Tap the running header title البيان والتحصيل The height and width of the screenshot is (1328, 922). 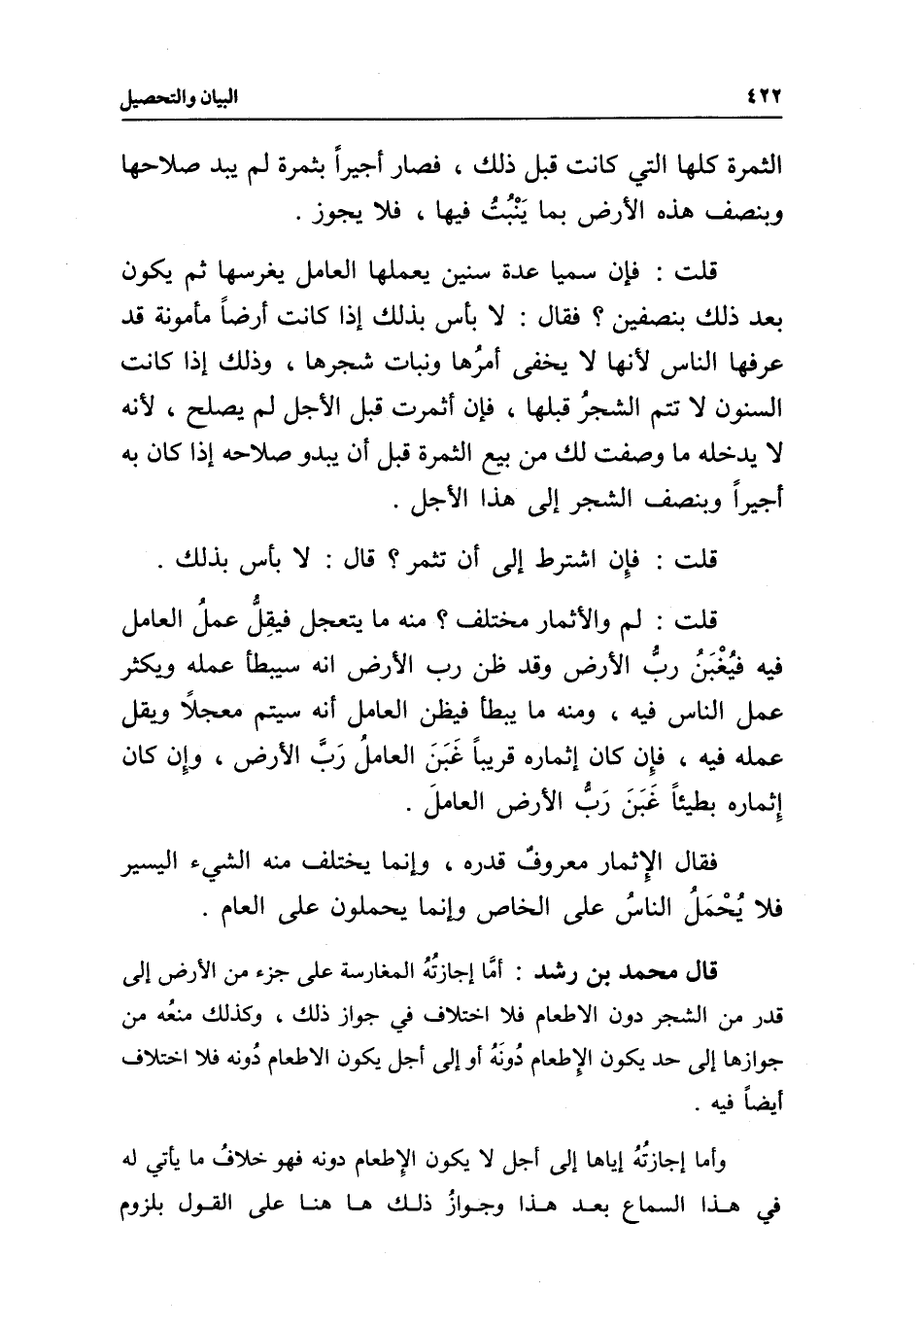pyautogui.click(x=184, y=98)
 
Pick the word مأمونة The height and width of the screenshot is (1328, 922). pyautogui.click(x=226, y=317)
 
